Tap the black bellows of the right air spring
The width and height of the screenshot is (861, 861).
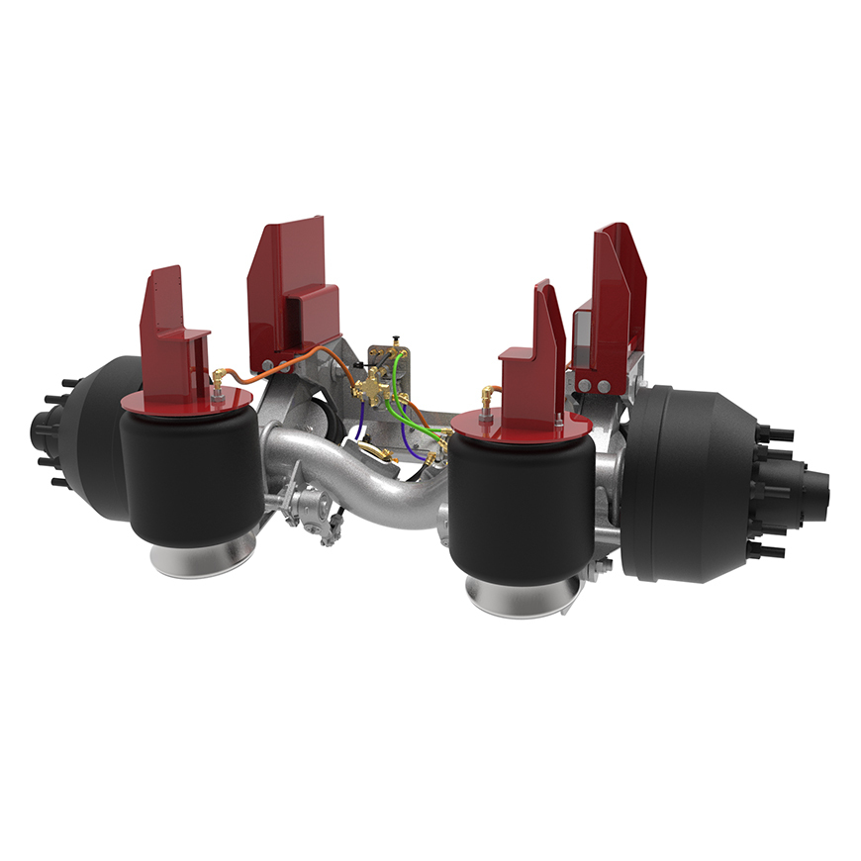(x=519, y=505)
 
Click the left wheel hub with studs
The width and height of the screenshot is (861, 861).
(x=49, y=435)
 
